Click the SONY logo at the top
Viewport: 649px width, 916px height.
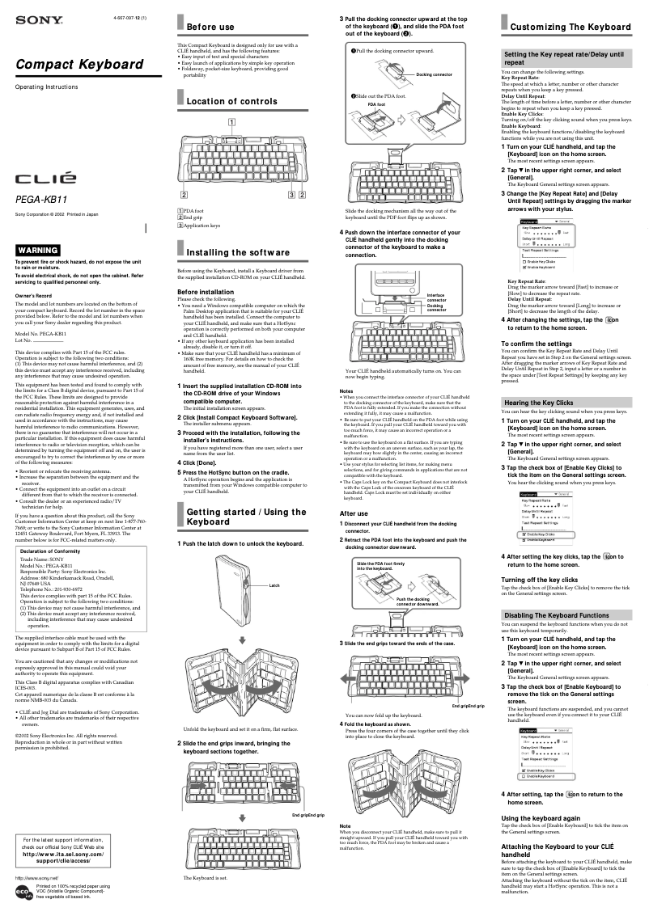click(28, 18)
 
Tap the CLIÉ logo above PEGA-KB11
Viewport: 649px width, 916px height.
click(46, 176)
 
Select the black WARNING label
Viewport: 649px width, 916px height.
click(38, 251)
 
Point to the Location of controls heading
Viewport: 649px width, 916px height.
click(231, 101)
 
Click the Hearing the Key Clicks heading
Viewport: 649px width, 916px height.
click(538, 403)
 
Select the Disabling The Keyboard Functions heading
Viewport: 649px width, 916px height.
click(556, 615)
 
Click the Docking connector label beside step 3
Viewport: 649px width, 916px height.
click(434, 74)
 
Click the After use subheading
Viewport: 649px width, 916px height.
click(354, 491)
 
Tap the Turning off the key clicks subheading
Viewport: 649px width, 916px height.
click(540, 580)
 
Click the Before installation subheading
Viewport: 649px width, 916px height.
click(206, 292)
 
